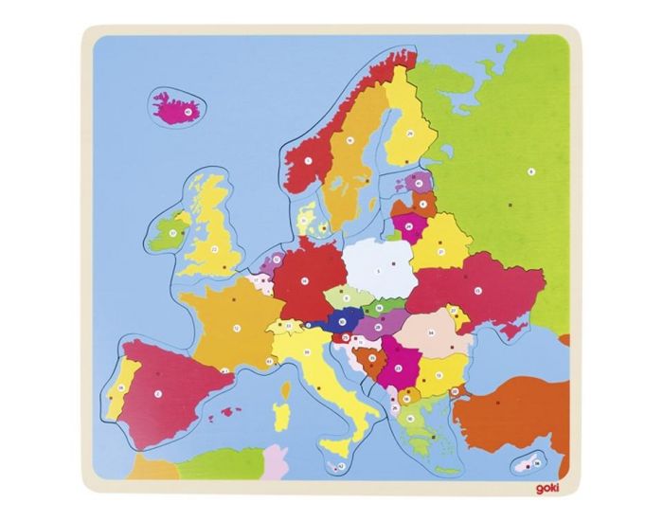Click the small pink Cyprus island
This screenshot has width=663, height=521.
[x=524, y=463]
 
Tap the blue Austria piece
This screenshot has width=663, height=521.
[x=339, y=323]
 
